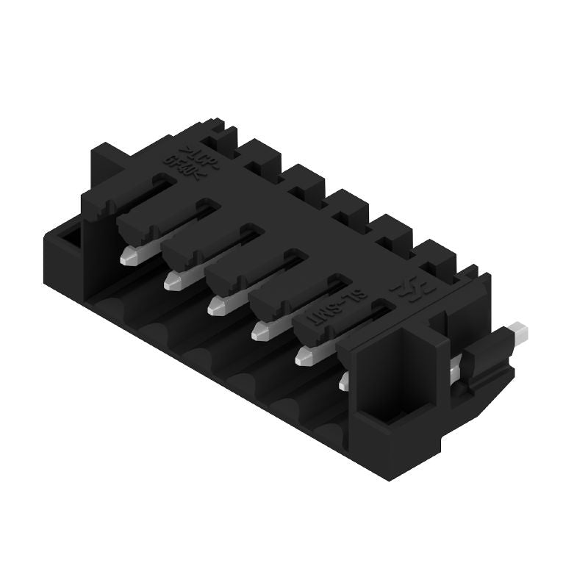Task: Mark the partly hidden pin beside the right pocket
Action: pyautogui.click(x=343, y=381)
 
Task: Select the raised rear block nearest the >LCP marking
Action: pyautogui.click(x=219, y=133)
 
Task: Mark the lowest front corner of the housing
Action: pyautogui.click(x=390, y=478)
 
